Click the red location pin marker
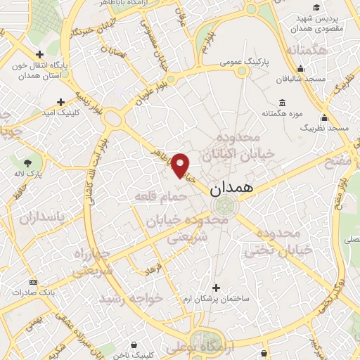pos(181,165)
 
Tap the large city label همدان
pos(230,188)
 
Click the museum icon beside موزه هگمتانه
pos(282,102)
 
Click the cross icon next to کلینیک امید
pos(60,101)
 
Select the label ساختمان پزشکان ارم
pos(216,299)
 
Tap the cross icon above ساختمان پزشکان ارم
pos(216,288)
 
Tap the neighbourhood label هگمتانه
pos(307,51)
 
